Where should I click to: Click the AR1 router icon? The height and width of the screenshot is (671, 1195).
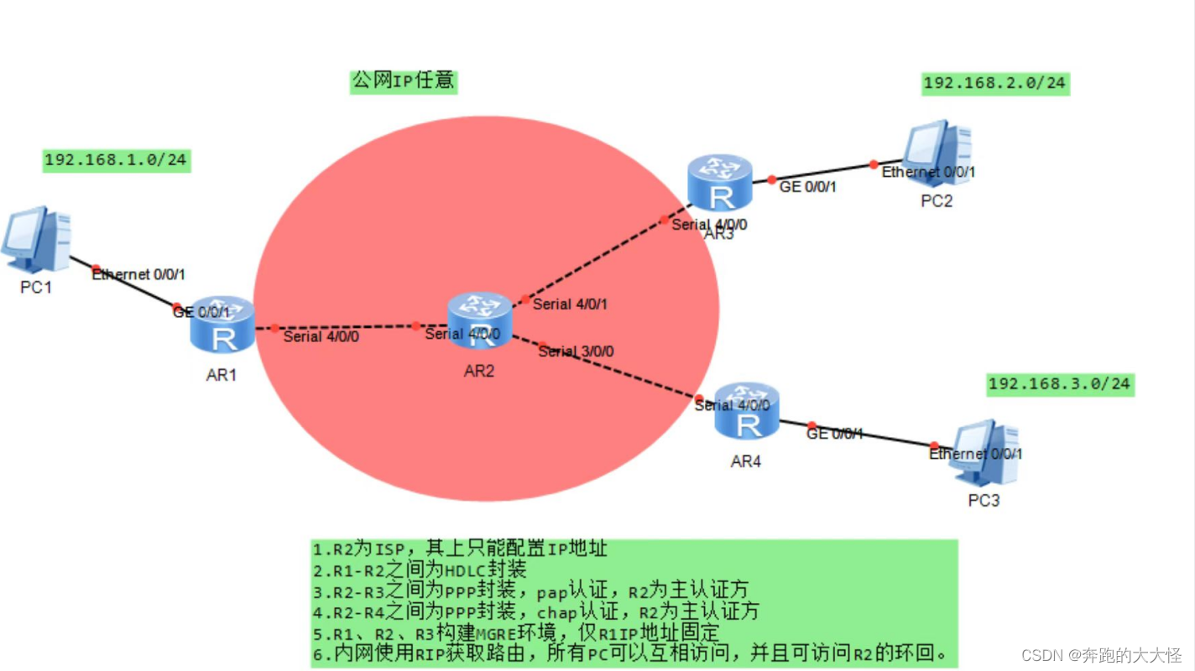(222, 325)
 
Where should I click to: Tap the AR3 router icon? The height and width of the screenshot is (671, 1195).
(719, 182)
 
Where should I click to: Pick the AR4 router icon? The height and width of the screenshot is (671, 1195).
(747, 410)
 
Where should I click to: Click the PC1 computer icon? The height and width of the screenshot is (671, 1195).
(36, 240)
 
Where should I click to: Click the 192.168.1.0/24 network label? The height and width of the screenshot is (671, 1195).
(117, 159)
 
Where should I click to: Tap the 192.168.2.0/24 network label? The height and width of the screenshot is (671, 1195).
(995, 83)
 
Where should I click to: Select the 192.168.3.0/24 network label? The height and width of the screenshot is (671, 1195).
(1059, 384)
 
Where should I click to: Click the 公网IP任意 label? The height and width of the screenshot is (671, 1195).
(403, 81)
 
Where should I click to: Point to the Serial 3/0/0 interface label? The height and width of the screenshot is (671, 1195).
(576, 351)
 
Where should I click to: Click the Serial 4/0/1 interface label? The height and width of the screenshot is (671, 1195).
(570, 304)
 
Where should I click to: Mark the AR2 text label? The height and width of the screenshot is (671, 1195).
(479, 371)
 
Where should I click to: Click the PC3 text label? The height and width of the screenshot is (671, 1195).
(984, 500)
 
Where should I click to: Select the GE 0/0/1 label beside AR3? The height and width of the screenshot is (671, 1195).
(807, 186)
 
